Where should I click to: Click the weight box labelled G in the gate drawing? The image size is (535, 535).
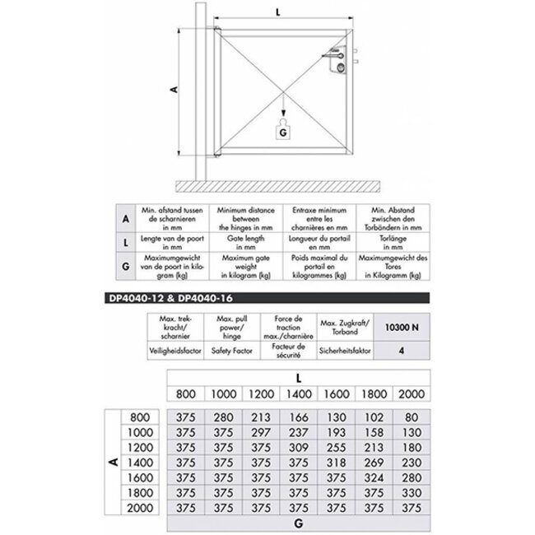(x=283, y=130)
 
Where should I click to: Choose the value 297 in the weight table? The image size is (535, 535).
(x=263, y=431)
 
